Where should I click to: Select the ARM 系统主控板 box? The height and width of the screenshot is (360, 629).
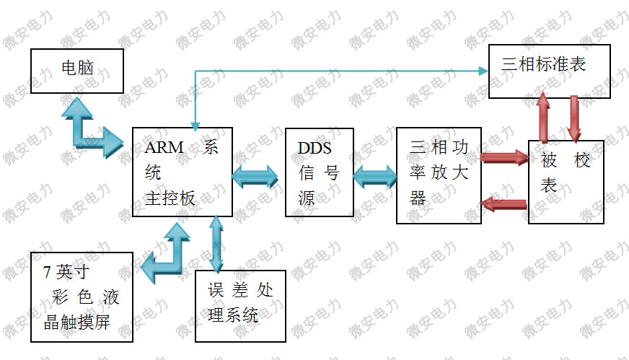pyautogui.click(x=182, y=172)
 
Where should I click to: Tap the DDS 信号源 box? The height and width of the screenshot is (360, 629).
pyautogui.click(x=319, y=172)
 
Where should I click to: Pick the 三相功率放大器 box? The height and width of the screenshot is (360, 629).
pyautogui.click(x=439, y=175)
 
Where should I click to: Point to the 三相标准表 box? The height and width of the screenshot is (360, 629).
pyautogui.click(x=549, y=71)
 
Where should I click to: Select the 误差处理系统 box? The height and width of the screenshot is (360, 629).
pyautogui.click(x=240, y=306)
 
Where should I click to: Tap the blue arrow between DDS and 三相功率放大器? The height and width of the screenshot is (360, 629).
pyautogui.click(x=374, y=175)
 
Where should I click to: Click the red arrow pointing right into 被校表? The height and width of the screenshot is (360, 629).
pyautogui.click(x=504, y=157)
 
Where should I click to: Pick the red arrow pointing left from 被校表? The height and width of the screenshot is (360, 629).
pyautogui.click(x=504, y=203)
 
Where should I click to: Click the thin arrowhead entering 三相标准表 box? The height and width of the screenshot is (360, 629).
pyautogui.click(x=483, y=71)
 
